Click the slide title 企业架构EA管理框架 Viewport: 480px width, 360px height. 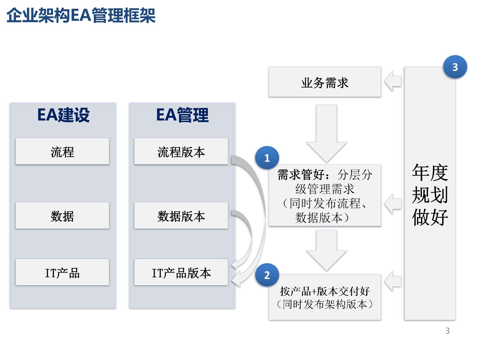pos(81,15)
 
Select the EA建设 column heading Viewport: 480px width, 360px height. pos(63,115)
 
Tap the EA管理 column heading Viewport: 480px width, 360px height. pos(182,115)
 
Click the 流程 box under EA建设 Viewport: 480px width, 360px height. pos(62,151)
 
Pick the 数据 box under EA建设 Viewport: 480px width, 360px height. pos(62,215)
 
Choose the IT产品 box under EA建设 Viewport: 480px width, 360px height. pos(62,272)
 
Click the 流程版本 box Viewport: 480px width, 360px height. pos(181,151)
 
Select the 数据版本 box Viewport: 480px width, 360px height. pos(181,215)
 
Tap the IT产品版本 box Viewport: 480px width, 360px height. pos(181,272)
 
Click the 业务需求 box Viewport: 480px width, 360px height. pos(325,82)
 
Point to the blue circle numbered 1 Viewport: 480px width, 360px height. pos(267,158)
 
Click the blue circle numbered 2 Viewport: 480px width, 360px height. pos(267,275)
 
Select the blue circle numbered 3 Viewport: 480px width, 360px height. pos(455,67)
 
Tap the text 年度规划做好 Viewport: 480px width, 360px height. pos(430,195)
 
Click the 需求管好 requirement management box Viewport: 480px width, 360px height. pos(325,195)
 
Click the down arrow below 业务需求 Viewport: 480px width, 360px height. pos(326,133)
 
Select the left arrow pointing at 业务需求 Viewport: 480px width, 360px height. pos(393,81)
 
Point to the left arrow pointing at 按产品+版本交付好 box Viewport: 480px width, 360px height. pos(393,281)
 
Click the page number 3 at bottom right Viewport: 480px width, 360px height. pos(447,331)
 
